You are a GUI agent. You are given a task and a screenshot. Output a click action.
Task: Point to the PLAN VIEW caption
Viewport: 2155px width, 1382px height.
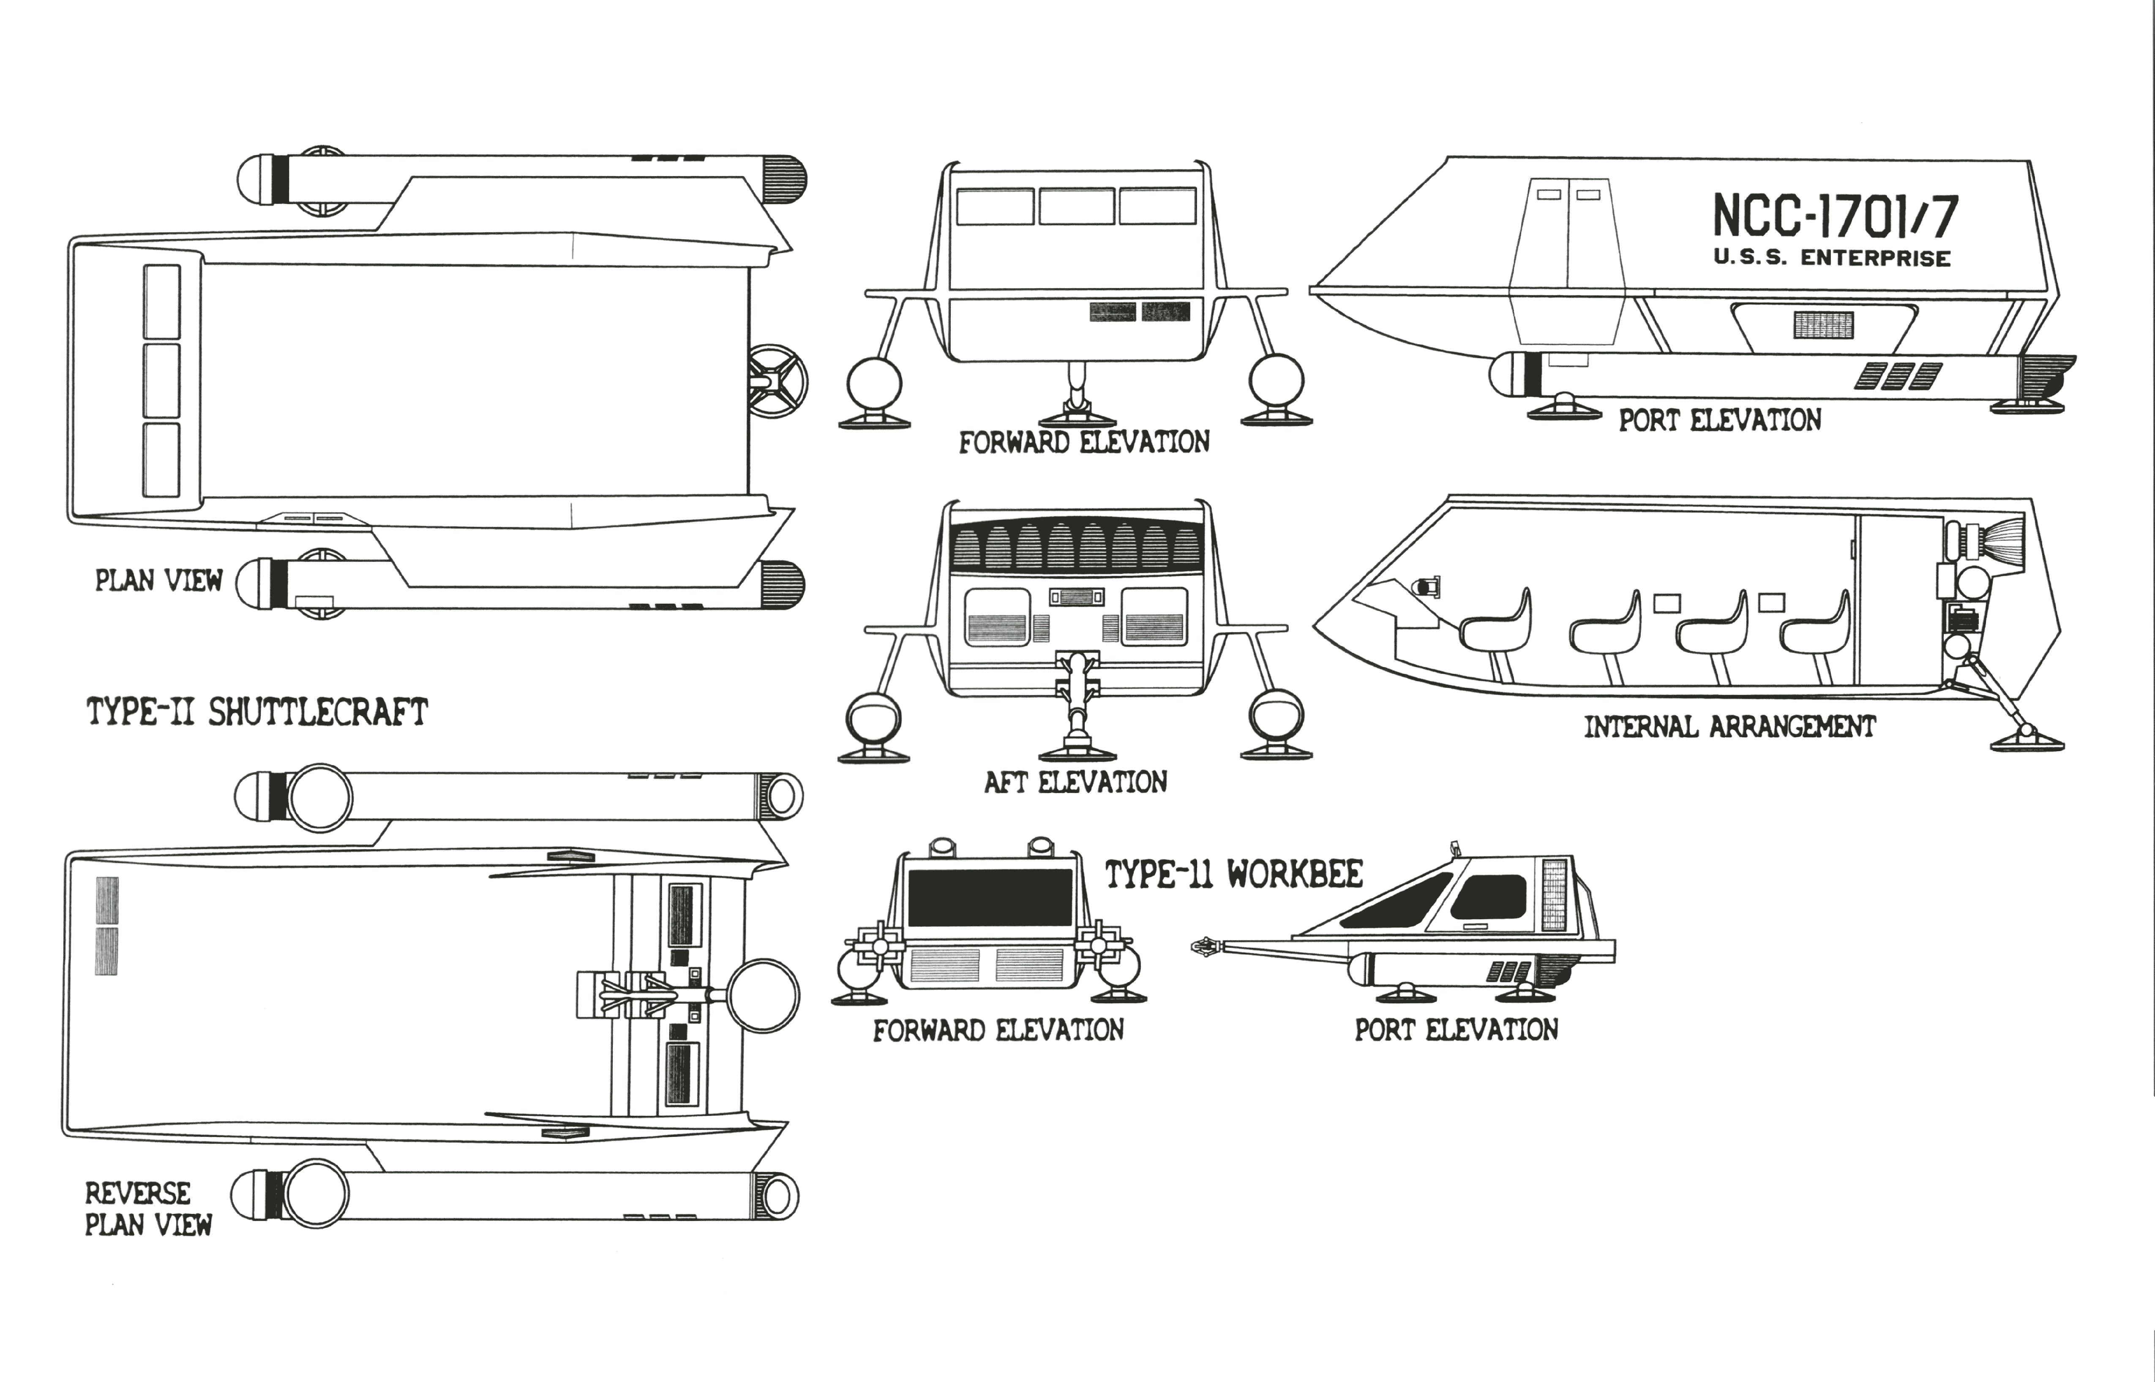coord(159,581)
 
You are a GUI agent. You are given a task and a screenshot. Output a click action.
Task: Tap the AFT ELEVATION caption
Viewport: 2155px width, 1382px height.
coord(1075,782)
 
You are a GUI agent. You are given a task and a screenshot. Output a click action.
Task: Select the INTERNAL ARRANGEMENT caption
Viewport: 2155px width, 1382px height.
coord(1729,727)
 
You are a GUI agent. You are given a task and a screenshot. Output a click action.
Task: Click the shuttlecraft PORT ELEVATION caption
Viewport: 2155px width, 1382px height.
coord(1720,420)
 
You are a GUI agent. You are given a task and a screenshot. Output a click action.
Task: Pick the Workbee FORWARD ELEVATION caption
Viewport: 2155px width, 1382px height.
coord(998,1030)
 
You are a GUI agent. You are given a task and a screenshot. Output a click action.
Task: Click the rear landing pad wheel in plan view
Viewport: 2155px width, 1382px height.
coord(777,382)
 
